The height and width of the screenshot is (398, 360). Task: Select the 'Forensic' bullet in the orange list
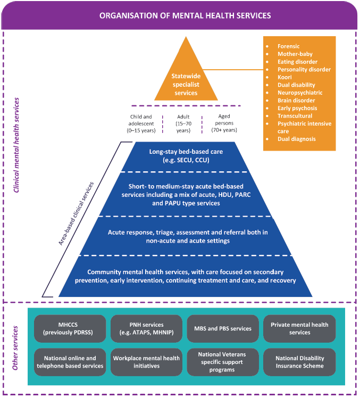(x=289, y=46)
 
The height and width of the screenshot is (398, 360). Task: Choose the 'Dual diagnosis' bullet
(x=296, y=139)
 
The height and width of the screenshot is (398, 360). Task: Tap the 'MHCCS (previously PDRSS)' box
(x=70, y=328)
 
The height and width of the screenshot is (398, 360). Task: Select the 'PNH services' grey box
(x=146, y=328)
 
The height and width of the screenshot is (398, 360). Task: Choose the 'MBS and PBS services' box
(x=223, y=328)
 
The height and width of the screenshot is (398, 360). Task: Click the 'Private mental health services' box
(x=299, y=328)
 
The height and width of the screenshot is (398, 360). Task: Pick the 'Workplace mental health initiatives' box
(x=146, y=362)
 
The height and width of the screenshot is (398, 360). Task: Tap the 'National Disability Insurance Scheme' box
(x=299, y=362)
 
